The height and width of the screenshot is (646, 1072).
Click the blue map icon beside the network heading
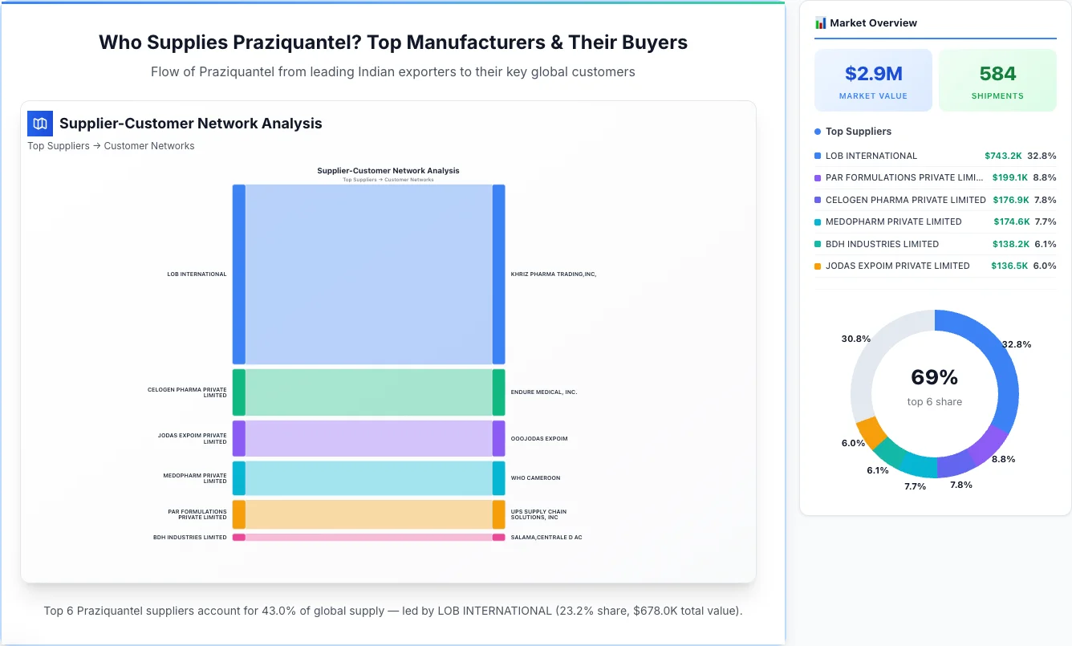pyautogui.click(x=40, y=124)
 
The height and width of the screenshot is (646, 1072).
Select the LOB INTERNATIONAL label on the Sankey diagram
pyautogui.click(x=197, y=274)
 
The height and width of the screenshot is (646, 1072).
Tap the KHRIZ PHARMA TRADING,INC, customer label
pyautogui.click(x=554, y=274)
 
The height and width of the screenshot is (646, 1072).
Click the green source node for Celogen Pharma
pyautogui.click(x=238, y=392)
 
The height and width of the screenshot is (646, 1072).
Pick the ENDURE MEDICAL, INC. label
pyautogui.click(x=544, y=392)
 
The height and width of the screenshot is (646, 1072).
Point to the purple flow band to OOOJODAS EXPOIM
pyautogui.click(x=368, y=439)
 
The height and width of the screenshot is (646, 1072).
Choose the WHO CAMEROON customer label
pyautogui.click(x=535, y=478)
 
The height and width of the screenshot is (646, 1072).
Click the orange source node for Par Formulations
pyautogui.click(x=238, y=514)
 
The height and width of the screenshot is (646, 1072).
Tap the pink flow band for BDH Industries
pyautogui.click(x=368, y=538)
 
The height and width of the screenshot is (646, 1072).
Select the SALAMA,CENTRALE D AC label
pyautogui.click(x=546, y=538)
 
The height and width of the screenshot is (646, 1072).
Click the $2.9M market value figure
pyautogui.click(x=873, y=74)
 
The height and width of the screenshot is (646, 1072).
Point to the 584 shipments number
pyautogui.click(x=997, y=74)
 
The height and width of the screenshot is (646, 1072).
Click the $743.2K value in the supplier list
pyautogui.click(x=1003, y=156)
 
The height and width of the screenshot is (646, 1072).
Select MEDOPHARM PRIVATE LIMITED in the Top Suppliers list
pyautogui.click(x=893, y=221)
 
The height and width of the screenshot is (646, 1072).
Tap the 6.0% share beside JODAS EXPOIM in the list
pyautogui.click(x=1045, y=266)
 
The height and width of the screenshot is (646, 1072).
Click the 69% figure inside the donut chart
pyautogui.click(x=934, y=377)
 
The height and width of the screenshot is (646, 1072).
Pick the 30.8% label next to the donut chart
pyautogui.click(x=855, y=339)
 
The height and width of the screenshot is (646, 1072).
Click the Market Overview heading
pyautogui.click(x=873, y=23)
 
